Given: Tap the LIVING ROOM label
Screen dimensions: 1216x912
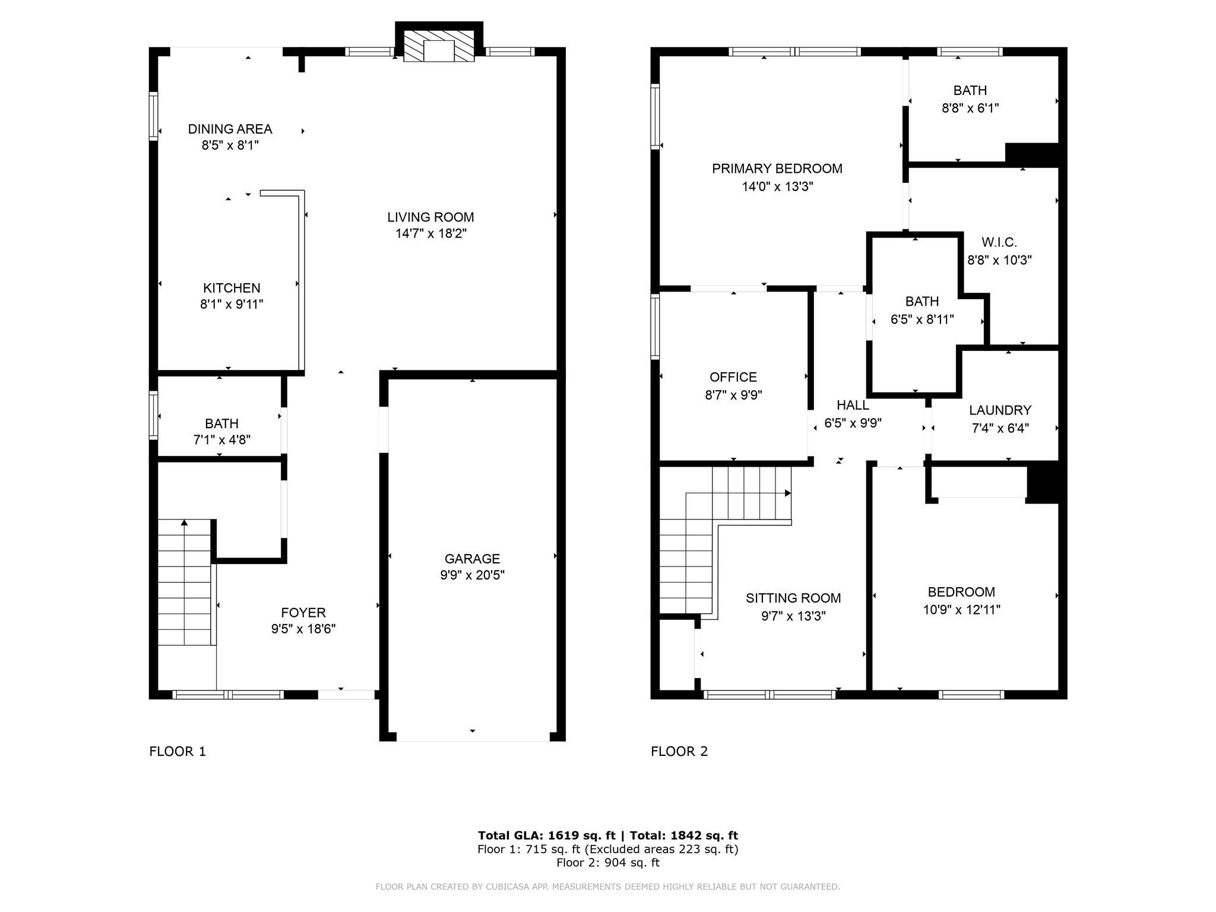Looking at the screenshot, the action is click(430, 217).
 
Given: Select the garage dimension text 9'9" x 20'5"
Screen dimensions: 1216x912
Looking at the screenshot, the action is click(472, 575).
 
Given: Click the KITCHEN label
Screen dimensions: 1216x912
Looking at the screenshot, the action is click(232, 288).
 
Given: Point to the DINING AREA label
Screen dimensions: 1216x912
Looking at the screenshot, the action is click(230, 129).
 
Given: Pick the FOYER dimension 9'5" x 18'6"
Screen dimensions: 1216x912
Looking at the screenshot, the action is click(303, 629).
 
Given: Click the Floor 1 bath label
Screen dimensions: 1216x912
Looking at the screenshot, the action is click(221, 423).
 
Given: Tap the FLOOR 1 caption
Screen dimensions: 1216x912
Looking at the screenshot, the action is click(178, 751).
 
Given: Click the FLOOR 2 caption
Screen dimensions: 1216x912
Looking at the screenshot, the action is click(679, 751).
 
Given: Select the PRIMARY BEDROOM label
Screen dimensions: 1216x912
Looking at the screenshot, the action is click(777, 169).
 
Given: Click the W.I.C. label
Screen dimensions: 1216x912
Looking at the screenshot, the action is click(999, 242).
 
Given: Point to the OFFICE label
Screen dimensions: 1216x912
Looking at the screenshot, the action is click(733, 377).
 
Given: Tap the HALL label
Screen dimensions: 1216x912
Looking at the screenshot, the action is click(853, 405).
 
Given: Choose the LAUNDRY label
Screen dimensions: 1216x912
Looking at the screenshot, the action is click(1000, 410).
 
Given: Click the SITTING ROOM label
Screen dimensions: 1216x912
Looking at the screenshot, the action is click(793, 598).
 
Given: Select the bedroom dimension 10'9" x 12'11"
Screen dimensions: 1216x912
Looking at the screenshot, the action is click(961, 610).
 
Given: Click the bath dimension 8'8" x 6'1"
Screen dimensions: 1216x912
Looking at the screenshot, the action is click(970, 108).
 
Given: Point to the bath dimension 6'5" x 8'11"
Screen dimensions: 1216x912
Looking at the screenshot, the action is click(922, 319).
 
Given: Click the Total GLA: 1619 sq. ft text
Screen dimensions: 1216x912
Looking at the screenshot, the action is click(547, 835).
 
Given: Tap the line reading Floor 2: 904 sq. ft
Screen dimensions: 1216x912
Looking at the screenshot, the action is click(608, 862).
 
